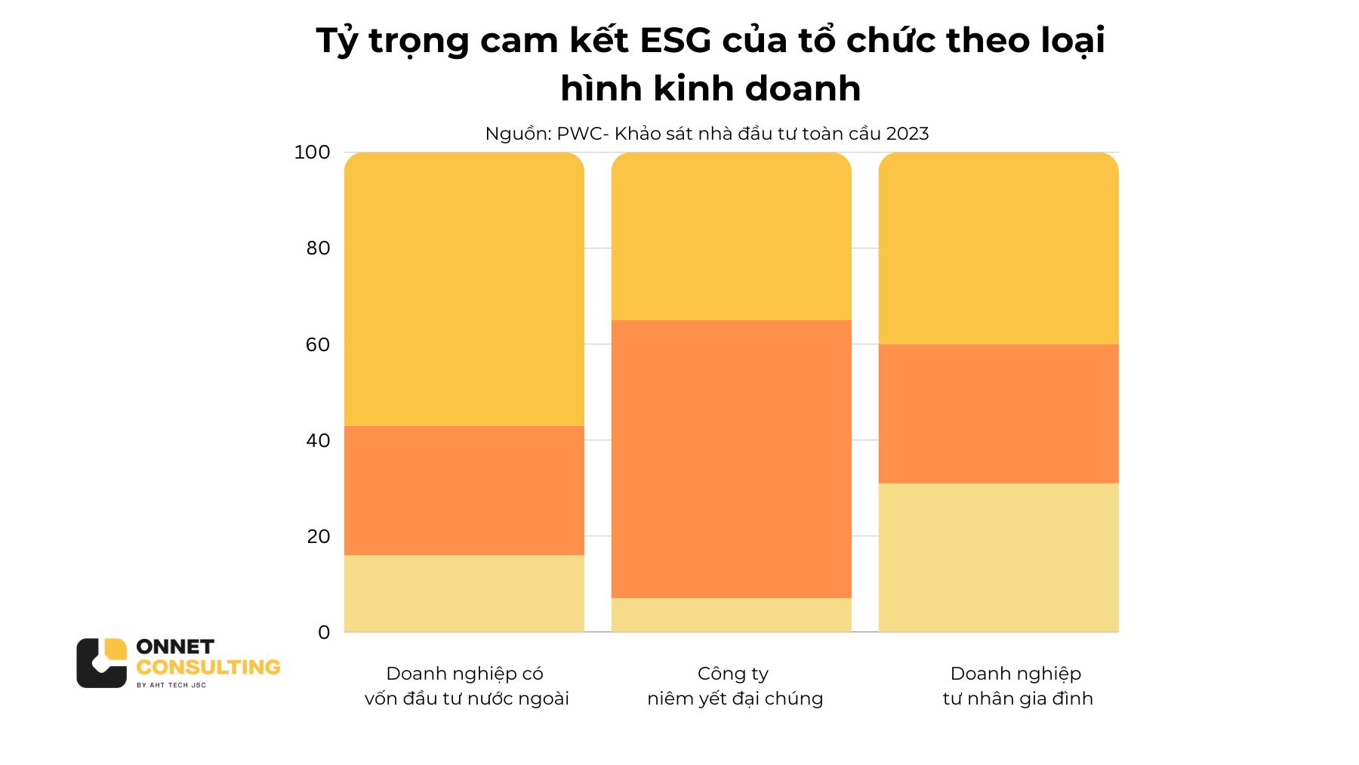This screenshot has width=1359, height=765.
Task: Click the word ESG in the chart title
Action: (x=676, y=41)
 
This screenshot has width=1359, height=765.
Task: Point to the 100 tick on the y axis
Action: (x=312, y=153)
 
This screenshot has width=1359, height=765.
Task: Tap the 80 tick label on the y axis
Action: (x=318, y=248)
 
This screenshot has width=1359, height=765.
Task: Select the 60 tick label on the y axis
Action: (x=318, y=344)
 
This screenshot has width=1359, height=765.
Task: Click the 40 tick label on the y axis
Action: (x=318, y=440)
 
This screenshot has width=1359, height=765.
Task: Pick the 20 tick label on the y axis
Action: (x=318, y=536)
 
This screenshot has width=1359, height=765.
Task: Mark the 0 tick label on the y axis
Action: (x=324, y=632)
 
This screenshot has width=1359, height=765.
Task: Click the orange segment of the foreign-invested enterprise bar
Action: (x=464, y=490)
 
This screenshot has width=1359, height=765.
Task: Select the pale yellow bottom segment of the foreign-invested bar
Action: (x=464, y=594)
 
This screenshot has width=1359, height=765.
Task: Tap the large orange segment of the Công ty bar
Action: (x=731, y=458)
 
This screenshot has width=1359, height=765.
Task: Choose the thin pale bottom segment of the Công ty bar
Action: (x=731, y=615)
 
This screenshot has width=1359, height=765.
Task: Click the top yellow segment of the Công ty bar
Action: (x=731, y=236)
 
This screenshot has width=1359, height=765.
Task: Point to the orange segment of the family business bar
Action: (x=998, y=413)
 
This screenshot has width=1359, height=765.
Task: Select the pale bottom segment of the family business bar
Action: (x=998, y=557)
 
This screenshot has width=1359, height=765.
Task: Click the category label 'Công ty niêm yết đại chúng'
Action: (x=734, y=686)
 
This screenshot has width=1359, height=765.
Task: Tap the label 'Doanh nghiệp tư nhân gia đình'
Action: (x=1017, y=686)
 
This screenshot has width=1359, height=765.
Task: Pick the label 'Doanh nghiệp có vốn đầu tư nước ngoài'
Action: (x=466, y=686)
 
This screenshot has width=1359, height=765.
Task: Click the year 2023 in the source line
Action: (x=908, y=134)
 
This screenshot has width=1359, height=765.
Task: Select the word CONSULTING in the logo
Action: (x=208, y=668)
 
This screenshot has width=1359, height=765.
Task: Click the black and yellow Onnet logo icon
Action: (x=101, y=663)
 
